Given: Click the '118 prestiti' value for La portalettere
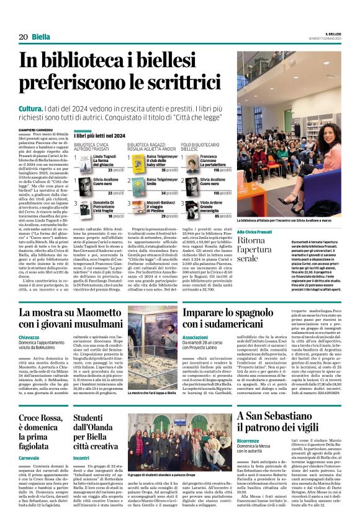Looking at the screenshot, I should (222, 169).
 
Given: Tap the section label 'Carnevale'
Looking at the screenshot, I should (29, 439).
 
